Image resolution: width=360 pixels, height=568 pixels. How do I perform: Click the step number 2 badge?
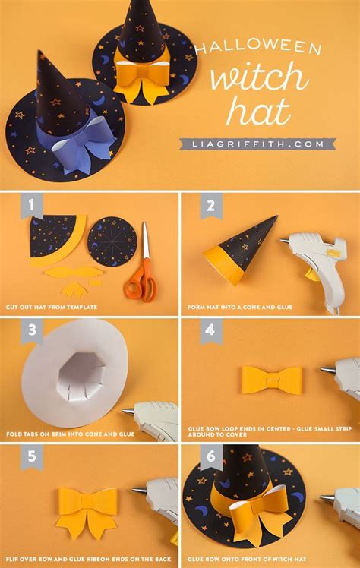210,206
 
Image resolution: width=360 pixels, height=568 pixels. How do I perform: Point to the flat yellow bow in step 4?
271,380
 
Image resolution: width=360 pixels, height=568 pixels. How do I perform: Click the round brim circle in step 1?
112,242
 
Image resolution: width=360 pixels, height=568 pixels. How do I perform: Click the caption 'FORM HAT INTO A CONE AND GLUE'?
241,307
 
